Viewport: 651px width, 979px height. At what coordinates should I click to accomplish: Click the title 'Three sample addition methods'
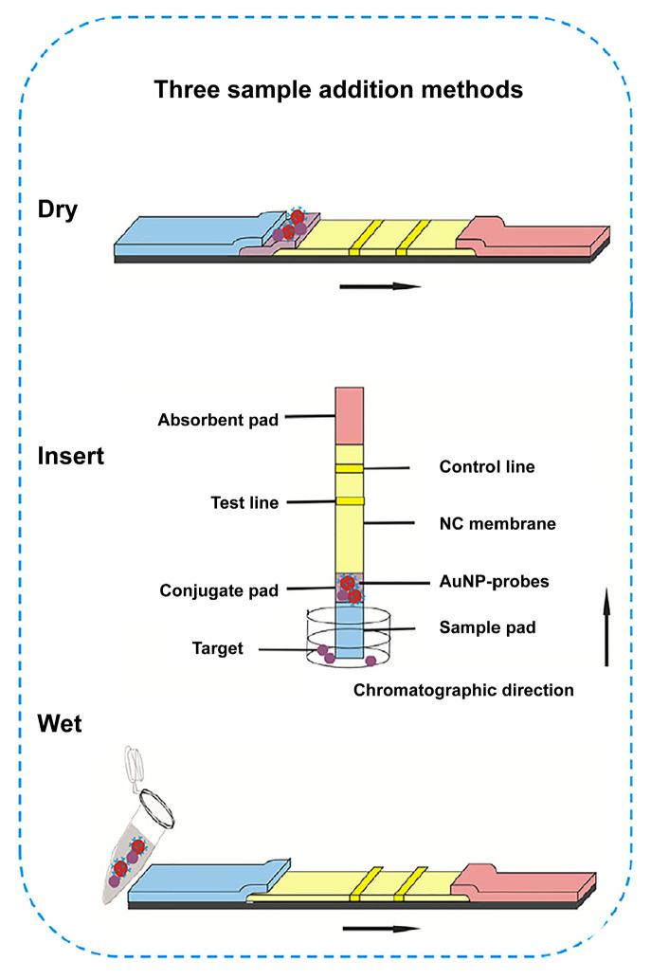point(338,91)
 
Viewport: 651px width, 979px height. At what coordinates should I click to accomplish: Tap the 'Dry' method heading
point(59,209)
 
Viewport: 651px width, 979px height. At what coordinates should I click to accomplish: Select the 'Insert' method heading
point(71,456)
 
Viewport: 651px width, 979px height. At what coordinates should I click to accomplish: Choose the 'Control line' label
point(487,467)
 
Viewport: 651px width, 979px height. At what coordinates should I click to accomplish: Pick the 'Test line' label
point(244,503)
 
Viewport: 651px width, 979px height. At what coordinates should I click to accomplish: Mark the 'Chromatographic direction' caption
point(463,690)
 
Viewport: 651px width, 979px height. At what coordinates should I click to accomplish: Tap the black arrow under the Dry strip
point(379,285)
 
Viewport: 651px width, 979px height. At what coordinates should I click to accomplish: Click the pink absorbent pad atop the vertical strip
point(350,415)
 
